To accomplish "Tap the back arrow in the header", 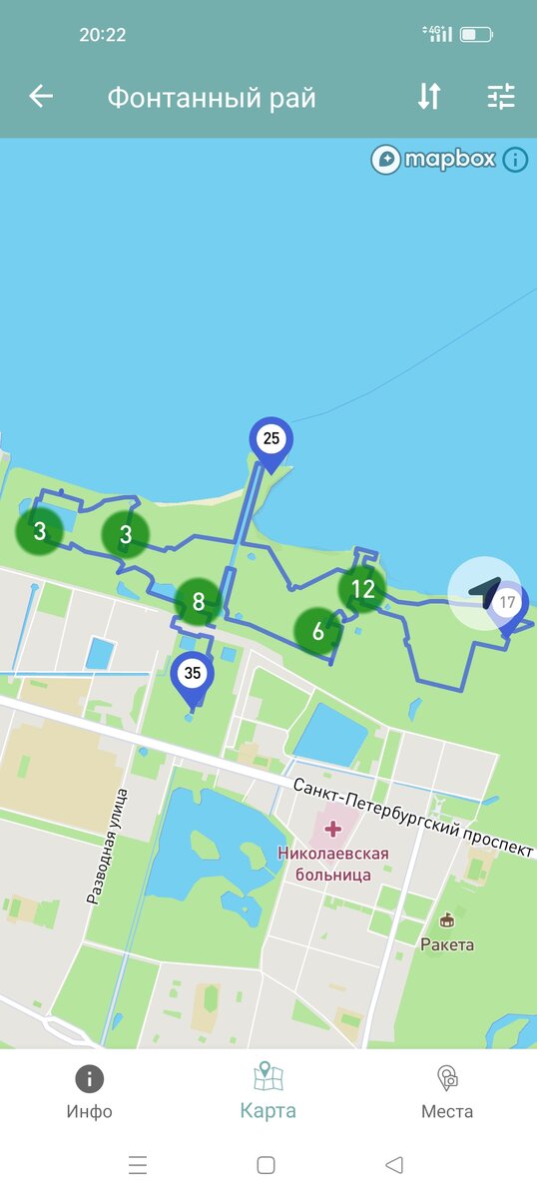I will pyautogui.click(x=41, y=96).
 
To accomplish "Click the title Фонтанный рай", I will pyautogui.click(x=212, y=98).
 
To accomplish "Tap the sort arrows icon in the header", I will pyautogui.click(x=428, y=96).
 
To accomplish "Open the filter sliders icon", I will pyautogui.click(x=500, y=96).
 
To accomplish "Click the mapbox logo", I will pyautogui.click(x=434, y=159).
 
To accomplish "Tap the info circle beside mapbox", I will pyautogui.click(x=515, y=159).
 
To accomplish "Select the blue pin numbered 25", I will pyautogui.click(x=271, y=440).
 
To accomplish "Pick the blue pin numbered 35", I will pyautogui.click(x=193, y=675).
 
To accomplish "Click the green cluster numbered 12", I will pyautogui.click(x=361, y=589).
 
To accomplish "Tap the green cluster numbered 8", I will pyautogui.click(x=199, y=602).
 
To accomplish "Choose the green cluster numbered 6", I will pyautogui.click(x=318, y=631).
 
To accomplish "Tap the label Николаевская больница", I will pyautogui.click(x=333, y=865).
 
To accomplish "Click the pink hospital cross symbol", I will pyautogui.click(x=332, y=830).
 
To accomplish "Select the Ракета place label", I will pyautogui.click(x=447, y=943).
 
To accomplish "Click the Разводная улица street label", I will pyautogui.click(x=108, y=847).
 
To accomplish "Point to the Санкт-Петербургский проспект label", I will pyautogui.click(x=413, y=818).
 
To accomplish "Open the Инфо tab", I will pyautogui.click(x=90, y=1092).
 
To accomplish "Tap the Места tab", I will pyautogui.click(x=447, y=1092).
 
